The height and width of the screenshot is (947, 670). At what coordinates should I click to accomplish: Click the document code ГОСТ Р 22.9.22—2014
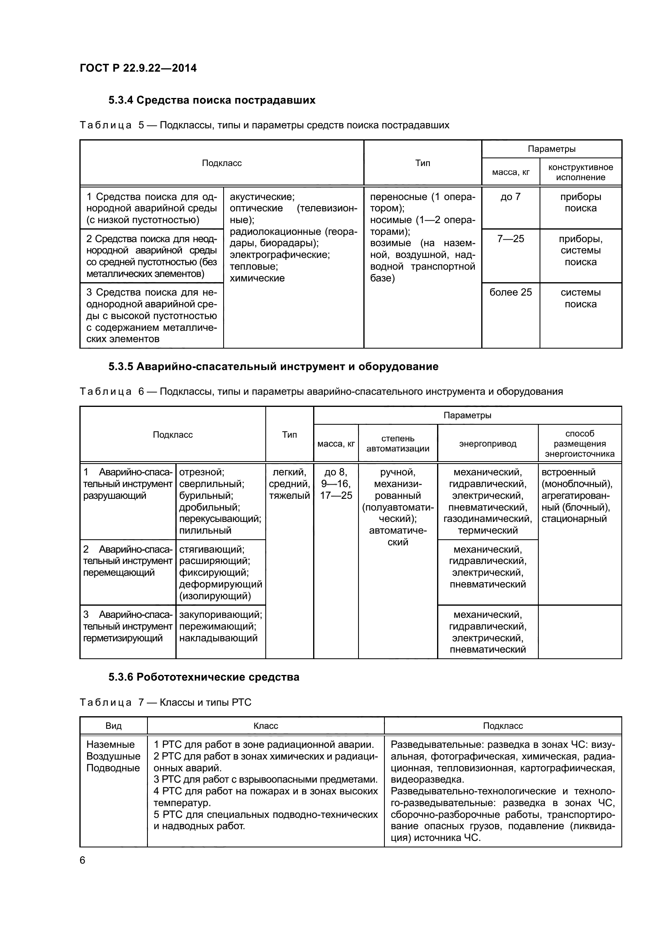click(138, 68)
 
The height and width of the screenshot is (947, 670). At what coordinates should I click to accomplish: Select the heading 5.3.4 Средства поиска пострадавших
click(211, 100)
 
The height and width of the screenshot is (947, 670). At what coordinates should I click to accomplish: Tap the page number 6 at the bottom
click(83, 860)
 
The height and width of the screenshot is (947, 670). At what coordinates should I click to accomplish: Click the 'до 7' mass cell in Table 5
click(510, 197)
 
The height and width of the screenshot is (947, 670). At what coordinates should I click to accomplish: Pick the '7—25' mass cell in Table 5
click(510, 239)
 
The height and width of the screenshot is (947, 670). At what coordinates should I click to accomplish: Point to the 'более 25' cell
click(510, 292)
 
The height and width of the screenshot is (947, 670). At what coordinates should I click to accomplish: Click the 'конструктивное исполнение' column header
click(580, 172)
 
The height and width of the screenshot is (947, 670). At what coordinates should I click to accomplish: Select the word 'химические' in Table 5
click(257, 279)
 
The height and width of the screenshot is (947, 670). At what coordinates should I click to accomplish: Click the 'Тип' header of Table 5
click(422, 163)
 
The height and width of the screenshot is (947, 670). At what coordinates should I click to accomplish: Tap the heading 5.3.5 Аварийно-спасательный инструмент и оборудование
click(273, 367)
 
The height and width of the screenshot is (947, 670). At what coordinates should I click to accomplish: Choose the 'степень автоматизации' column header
click(398, 443)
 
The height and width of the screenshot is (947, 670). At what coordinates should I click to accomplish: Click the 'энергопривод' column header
click(488, 444)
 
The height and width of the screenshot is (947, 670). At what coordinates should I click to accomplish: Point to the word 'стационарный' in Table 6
click(574, 519)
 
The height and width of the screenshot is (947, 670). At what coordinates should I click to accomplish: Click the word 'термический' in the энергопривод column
click(488, 531)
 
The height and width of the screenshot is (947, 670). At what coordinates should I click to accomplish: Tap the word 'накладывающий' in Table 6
click(218, 638)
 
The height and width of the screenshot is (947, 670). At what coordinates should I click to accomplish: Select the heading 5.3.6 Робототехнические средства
click(204, 677)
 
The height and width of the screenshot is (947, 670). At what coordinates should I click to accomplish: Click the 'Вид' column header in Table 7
click(113, 726)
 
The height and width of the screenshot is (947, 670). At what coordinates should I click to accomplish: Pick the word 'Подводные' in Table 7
click(113, 768)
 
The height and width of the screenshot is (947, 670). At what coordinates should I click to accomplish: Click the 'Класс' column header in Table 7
click(266, 726)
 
